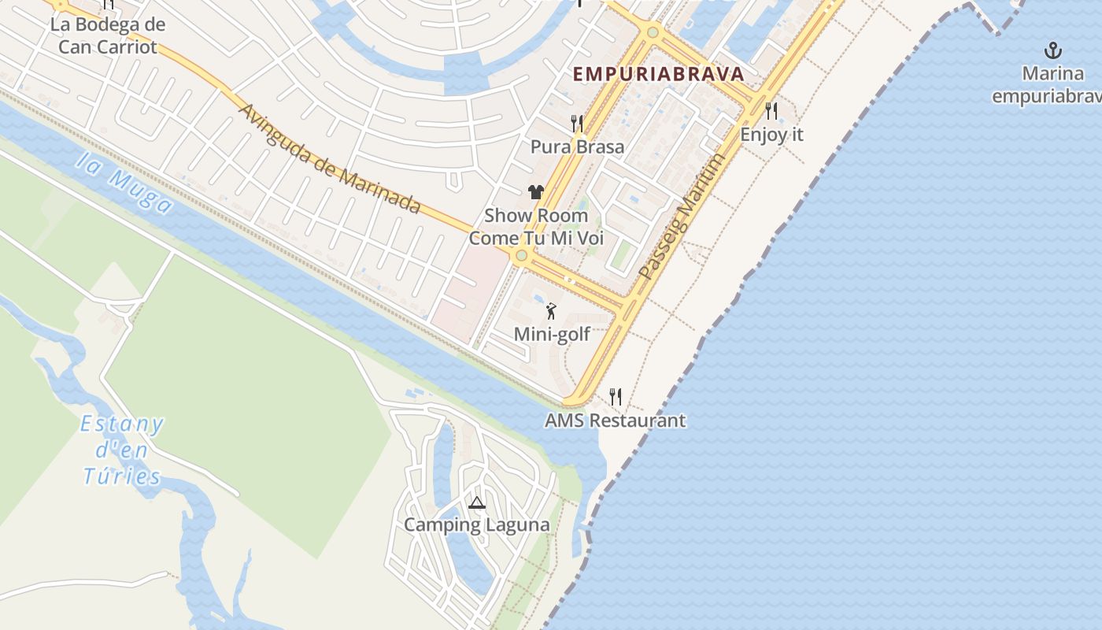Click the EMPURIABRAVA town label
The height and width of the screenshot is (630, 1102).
click(658, 74)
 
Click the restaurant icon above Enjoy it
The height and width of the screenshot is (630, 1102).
click(771, 111)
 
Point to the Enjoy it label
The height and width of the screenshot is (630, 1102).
click(771, 135)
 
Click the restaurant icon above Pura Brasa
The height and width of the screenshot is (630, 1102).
click(577, 124)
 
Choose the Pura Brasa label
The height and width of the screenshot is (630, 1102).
click(577, 147)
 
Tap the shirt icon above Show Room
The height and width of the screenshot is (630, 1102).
click(536, 191)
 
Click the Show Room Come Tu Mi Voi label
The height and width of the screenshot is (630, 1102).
click(536, 227)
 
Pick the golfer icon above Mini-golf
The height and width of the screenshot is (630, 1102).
click(551, 311)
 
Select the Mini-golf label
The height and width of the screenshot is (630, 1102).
click(552, 335)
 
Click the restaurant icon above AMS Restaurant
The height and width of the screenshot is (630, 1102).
click(616, 397)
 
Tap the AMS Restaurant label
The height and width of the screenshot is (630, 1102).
click(615, 421)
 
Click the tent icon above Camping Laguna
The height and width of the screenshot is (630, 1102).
click(476, 502)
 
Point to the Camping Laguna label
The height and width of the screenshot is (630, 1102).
click(476, 524)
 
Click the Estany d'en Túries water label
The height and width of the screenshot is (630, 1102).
click(122, 450)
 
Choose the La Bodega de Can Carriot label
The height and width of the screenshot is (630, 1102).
click(108, 35)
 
